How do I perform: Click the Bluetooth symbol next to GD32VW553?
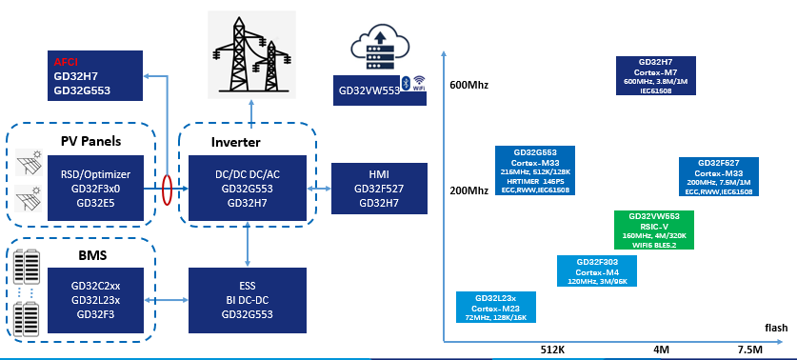404,83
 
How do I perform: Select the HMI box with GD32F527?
377,189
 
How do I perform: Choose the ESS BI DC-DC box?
248,298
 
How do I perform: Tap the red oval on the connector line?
167,189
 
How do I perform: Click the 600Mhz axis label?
468,86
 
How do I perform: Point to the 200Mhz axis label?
468,190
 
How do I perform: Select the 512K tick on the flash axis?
553,350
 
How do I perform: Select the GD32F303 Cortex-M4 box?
598,271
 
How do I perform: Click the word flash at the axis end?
775,329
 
